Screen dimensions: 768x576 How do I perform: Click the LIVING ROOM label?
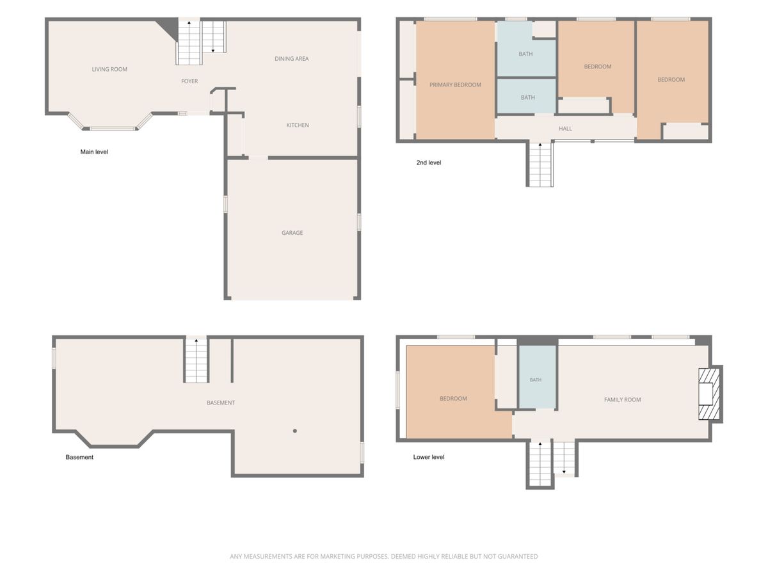pyautogui.click(x=109, y=69)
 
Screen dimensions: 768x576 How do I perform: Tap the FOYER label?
pyautogui.click(x=189, y=81)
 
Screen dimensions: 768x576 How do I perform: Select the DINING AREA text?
pyautogui.click(x=291, y=59)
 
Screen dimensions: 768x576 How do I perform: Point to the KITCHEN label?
pyautogui.click(x=298, y=125)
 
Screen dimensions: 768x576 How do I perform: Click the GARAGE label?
pyautogui.click(x=292, y=233)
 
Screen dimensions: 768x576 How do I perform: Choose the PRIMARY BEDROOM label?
pyautogui.click(x=455, y=85)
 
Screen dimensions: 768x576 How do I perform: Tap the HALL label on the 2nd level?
pyautogui.click(x=565, y=129)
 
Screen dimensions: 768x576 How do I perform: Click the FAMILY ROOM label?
pyautogui.click(x=623, y=400)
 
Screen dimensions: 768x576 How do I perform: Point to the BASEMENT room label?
pyautogui.click(x=221, y=403)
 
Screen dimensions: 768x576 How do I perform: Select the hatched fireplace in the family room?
pyautogui.click(x=709, y=394)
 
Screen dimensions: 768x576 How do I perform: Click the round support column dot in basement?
pyautogui.click(x=295, y=431)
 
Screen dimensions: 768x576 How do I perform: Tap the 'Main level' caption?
pyautogui.click(x=94, y=152)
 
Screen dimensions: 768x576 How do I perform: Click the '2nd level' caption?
pyautogui.click(x=429, y=163)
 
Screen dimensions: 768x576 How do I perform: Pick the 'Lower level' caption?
pyautogui.click(x=429, y=457)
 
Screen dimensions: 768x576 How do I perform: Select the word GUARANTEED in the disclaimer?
pyautogui.click(x=518, y=556)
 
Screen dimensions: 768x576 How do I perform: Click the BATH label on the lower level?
pyautogui.click(x=536, y=380)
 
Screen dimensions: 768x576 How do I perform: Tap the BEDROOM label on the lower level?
pyautogui.click(x=454, y=399)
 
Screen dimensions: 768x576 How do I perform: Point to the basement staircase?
pyautogui.click(x=196, y=360)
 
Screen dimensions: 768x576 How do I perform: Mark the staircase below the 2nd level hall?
pyautogui.click(x=541, y=164)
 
